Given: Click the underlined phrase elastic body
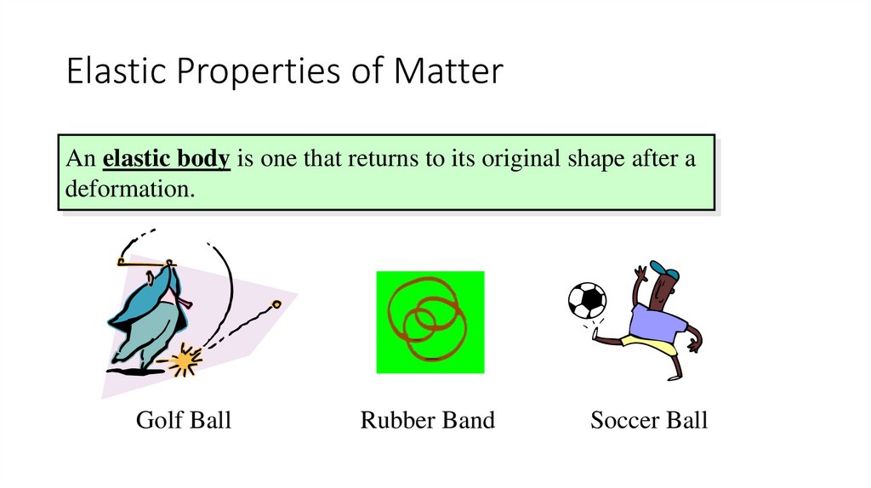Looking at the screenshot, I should click(167, 159).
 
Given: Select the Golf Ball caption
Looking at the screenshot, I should click(184, 420).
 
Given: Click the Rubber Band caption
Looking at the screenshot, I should click(428, 420).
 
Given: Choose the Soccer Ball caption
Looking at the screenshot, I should click(649, 420).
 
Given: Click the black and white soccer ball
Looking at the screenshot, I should click(587, 300).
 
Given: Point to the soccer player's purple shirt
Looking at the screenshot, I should click(656, 321).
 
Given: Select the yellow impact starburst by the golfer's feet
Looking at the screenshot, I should click(182, 362).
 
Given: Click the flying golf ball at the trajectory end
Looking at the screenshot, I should click(276, 303).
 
